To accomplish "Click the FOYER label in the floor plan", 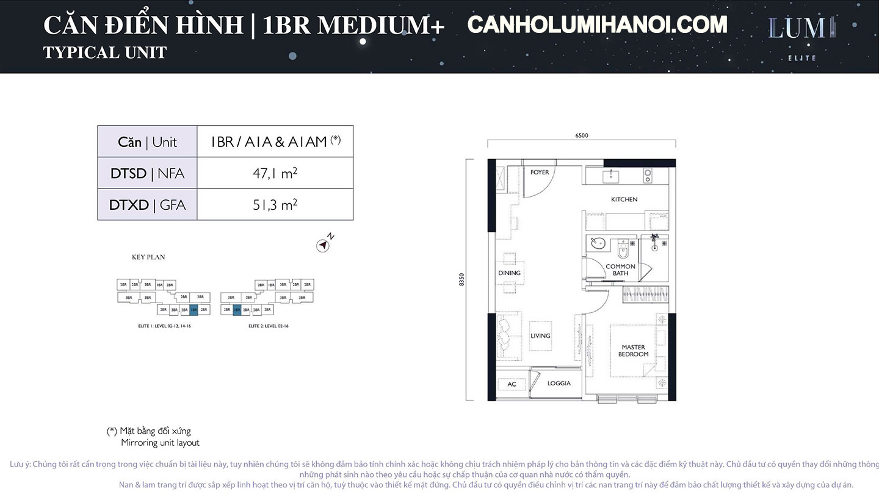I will coord(540,173).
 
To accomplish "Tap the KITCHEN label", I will coord(624,199).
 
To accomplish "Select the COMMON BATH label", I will coord(620,270).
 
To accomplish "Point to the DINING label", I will coord(509,273).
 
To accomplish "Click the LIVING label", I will coord(540,336).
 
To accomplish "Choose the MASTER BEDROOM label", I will coord(633,351).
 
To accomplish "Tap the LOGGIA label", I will coord(559,383).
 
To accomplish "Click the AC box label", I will coord(512,384).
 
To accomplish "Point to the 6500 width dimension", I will coord(581,136).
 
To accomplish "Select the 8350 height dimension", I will coord(462,279).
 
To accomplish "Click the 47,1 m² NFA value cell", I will coord(275,173).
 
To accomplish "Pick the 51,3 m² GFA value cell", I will coord(275,205).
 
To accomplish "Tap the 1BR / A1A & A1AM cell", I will coord(275,141).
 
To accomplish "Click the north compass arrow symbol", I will coord(322,245).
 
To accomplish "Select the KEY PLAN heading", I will coord(148,257).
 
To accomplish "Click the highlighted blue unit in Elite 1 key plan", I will coord(194,310).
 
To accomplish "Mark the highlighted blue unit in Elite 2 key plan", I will coord(237,310).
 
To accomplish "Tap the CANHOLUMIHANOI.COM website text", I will coord(597,25).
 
